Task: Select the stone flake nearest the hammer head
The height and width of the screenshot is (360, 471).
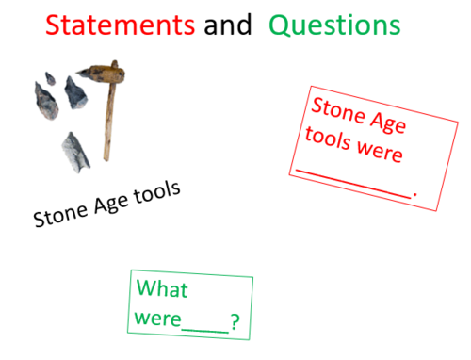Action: [74, 92]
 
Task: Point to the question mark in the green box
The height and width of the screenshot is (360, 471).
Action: [235, 324]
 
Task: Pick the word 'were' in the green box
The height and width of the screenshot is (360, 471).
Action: [157, 319]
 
